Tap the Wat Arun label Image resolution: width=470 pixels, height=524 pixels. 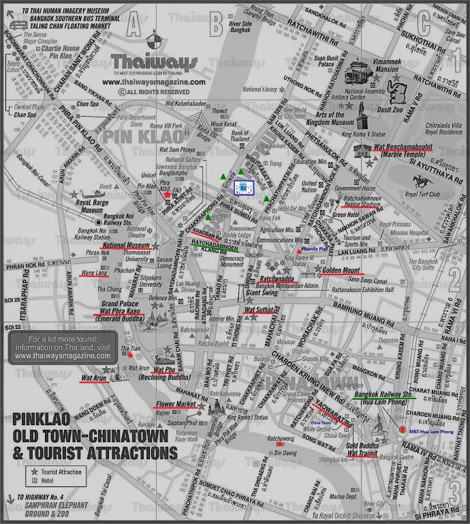point(93,377)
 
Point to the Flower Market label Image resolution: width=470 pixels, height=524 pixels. point(175,404)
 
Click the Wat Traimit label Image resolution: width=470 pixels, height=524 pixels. point(362,452)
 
